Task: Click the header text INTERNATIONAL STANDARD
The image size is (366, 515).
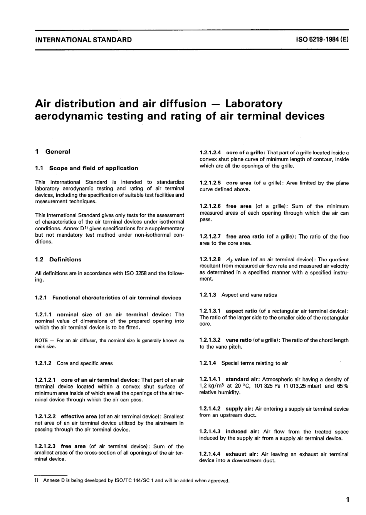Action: click(83, 39)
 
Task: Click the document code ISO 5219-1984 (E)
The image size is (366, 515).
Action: click(322, 39)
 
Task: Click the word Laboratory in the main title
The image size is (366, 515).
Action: click(254, 104)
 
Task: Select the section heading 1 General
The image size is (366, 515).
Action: click(52, 152)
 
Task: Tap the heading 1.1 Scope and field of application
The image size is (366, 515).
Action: click(86, 168)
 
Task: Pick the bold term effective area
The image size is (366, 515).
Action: click(79, 416)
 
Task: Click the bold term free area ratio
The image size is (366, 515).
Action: click(245, 237)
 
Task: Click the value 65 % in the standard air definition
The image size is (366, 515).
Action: click(342, 386)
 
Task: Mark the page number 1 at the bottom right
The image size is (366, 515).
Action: click(348, 500)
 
